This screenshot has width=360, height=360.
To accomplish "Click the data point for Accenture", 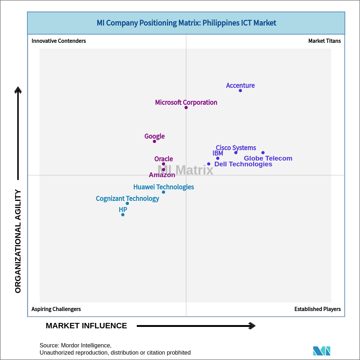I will coord(240,91).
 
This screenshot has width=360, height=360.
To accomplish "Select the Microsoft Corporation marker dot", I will coord(186,108).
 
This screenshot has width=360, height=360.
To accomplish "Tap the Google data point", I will coord(154,141).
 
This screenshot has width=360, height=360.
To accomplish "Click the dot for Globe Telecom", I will coord(263,153).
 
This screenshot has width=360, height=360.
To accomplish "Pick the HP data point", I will coord(123,215).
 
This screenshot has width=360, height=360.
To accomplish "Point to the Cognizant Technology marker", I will coord(127,203).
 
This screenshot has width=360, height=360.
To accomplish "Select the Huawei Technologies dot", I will coord(163,192).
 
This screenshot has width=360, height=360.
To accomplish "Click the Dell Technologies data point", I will coord(209,164).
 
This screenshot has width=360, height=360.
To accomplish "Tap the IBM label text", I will coord(218,153).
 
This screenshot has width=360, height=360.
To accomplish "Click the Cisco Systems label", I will coord(236,148).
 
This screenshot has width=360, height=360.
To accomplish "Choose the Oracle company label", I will coord(163,159).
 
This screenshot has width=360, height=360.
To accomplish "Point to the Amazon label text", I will coord(162,175).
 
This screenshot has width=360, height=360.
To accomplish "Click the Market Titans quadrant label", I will coord(324,41).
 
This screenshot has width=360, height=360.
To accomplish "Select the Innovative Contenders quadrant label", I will coord(59,41).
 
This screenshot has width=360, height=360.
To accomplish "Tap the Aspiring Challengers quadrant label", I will coord(56,309).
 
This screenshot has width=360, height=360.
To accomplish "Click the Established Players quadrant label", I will coord(318,309).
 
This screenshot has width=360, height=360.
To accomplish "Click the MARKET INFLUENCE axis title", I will coord(86,326).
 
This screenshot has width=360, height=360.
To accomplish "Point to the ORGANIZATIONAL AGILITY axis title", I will coord(18,241).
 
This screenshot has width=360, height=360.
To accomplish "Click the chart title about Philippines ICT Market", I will coord(186,23).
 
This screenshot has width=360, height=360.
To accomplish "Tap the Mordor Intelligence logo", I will coord(321,351).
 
